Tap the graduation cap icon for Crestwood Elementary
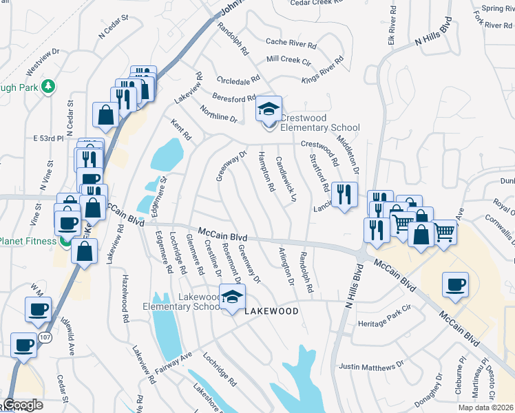point(269,109)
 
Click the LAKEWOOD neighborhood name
point(272,311)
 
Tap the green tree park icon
point(48,86)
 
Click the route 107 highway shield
point(45,337)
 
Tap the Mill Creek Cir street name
point(289,60)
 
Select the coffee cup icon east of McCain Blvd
point(455,285)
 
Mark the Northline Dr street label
point(219,114)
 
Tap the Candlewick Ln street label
point(285,178)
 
